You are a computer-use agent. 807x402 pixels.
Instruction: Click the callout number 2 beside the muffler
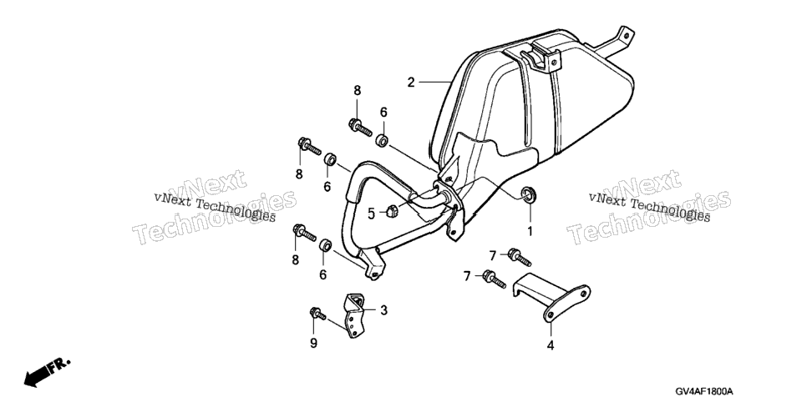pyautogui.click(x=411, y=83)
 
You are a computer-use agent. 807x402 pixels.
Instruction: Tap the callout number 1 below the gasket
pyautogui.click(x=530, y=231)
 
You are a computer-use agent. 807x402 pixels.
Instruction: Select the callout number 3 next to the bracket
pyautogui.click(x=383, y=310)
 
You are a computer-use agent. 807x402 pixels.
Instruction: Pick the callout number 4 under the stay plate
pyautogui.click(x=551, y=346)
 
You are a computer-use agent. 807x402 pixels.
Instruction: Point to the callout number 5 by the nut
pyautogui.click(x=371, y=214)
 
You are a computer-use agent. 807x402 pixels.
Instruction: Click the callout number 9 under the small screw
pyautogui.click(x=313, y=344)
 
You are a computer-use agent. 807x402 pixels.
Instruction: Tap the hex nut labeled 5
pyautogui.click(x=390, y=210)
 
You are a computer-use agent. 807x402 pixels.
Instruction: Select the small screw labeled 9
pyautogui.click(x=317, y=313)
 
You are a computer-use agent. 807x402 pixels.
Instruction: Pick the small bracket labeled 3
pyautogui.click(x=353, y=315)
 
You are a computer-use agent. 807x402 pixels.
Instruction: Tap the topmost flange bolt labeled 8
pyautogui.click(x=360, y=127)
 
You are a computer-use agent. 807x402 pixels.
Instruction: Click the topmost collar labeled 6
pyautogui.click(x=382, y=140)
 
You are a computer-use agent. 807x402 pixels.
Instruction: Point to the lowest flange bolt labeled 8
pyautogui.click(x=304, y=233)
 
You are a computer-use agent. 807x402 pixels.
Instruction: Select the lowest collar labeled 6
pyautogui.click(x=325, y=244)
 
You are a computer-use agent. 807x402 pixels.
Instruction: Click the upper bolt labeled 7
pyautogui.click(x=519, y=257)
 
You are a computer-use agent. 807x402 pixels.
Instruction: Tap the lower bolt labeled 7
pyautogui.click(x=494, y=279)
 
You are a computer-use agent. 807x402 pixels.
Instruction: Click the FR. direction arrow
pyautogui.click(x=46, y=372)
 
